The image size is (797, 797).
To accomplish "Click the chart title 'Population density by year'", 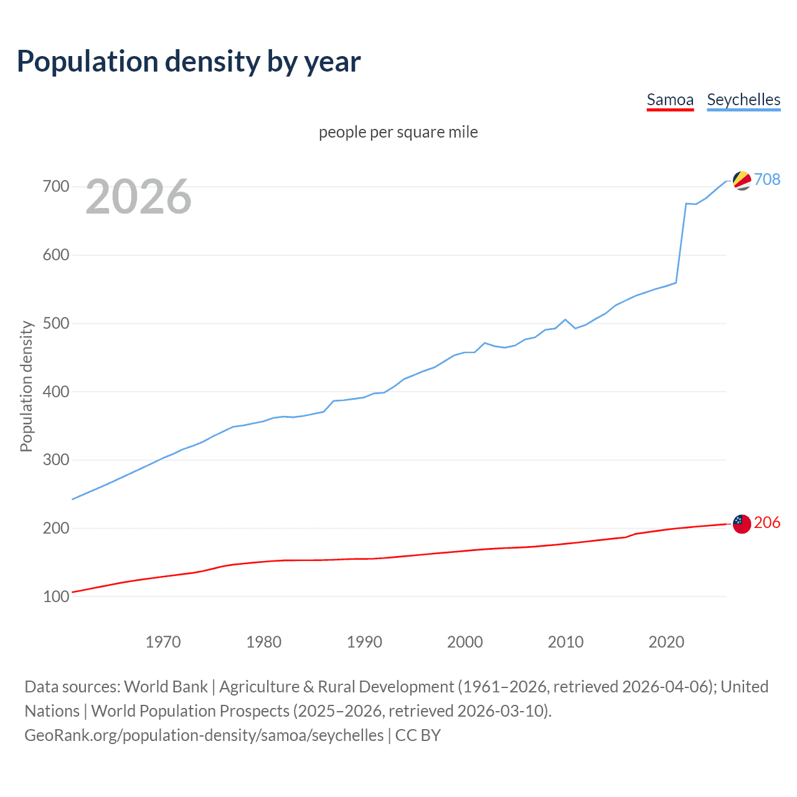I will click(189, 62).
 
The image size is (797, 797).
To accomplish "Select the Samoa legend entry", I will click(670, 100).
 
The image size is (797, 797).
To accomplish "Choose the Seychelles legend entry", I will click(743, 100).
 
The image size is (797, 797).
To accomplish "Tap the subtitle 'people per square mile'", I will click(398, 132).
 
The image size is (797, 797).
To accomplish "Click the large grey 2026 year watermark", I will click(138, 197).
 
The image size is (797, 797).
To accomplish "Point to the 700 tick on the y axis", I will click(56, 187).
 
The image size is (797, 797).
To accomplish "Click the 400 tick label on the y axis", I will click(56, 392).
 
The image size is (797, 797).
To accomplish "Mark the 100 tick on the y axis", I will click(56, 597).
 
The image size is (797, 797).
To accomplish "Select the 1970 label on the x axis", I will click(163, 642).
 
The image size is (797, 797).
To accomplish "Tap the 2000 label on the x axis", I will click(465, 642).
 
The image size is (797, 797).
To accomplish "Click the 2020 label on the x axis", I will click(666, 642).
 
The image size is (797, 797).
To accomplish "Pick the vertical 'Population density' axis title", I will click(26, 386).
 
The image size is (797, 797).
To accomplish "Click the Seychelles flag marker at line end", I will click(742, 181).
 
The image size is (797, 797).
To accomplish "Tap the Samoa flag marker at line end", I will click(742, 524).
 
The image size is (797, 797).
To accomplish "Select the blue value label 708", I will click(767, 179).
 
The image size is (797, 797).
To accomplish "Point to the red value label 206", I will click(767, 522).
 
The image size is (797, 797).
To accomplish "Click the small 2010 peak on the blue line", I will click(565, 319).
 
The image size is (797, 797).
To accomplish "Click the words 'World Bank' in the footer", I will click(166, 687).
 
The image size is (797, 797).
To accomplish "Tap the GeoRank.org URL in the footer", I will click(204, 735).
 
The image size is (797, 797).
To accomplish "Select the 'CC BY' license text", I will click(418, 735).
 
